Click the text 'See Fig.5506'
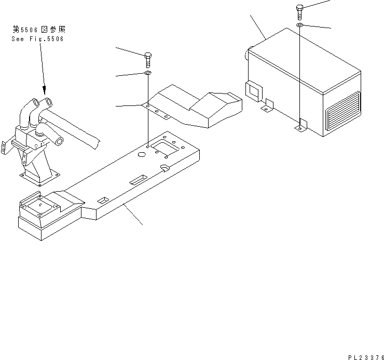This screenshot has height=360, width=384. (37, 39)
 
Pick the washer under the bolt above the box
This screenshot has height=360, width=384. (300, 25)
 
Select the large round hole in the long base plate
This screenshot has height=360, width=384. (141, 154)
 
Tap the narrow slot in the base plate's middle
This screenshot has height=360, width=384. (139, 179)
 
